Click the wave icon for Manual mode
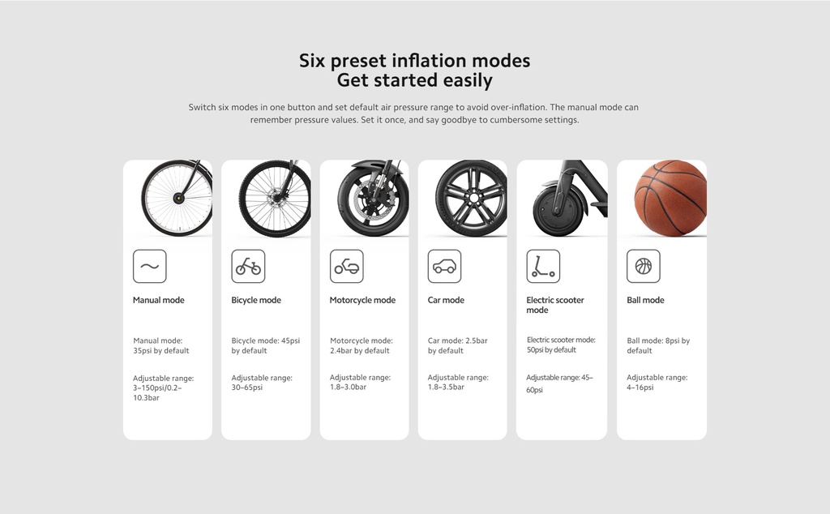150,266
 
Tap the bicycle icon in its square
248,266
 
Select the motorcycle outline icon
347,266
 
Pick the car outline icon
445,266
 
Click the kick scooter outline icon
543,266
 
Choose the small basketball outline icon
644,266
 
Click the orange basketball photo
670,198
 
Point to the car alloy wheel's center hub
473,198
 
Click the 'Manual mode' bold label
158,300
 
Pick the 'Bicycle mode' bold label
256,300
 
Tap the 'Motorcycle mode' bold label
362,300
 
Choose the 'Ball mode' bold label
645,300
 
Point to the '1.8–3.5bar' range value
446,387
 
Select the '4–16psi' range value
640,388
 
